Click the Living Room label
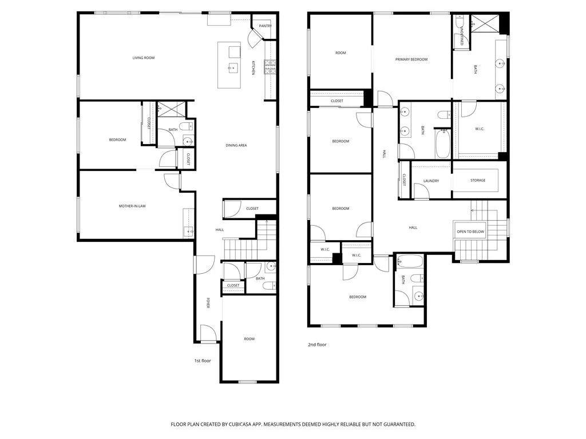point(144,58)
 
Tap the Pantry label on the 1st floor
point(265,26)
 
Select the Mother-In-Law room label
point(132,206)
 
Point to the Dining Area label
point(236,145)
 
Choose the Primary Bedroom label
point(411,59)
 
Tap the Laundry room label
point(431,181)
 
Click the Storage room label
point(478,181)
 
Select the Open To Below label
point(470,232)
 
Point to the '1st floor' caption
point(202,361)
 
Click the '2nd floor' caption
point(317,345)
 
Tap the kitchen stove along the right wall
point(270,67)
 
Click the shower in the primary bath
point(485,23)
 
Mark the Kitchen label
point(254,68)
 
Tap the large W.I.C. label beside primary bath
point(480,129)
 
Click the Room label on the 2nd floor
point(340,53)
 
